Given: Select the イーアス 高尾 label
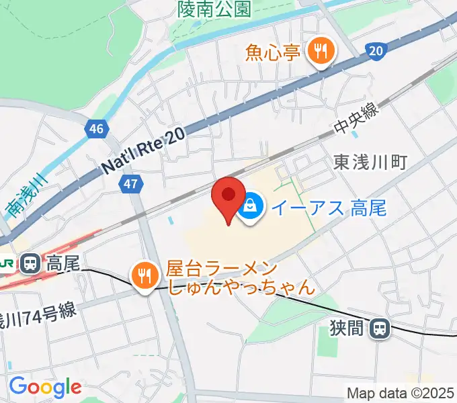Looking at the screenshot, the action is tap(328, 208).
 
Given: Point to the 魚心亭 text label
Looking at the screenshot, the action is tap(272, 52).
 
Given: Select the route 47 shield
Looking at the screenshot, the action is tap(132, 184).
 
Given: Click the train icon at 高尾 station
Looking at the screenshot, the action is tap(30, 263).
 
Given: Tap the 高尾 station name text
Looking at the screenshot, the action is tap(63, 264).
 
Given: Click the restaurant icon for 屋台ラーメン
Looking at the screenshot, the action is tap(144, 275).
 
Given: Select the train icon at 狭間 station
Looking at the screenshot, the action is tap(380, 328).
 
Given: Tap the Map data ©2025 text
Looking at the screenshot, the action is tap(400, 393).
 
